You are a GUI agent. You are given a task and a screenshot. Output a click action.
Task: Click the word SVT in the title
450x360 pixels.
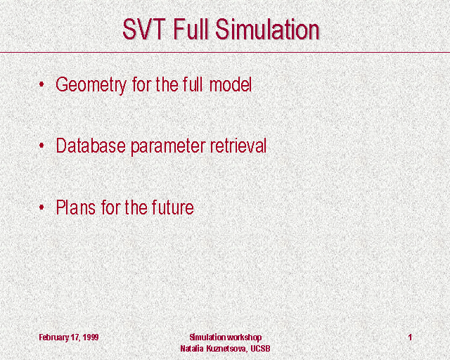[144, 29]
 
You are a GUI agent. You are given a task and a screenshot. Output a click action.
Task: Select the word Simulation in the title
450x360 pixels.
[267, 29]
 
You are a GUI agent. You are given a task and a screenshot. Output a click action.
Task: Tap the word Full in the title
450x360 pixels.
[191, 29]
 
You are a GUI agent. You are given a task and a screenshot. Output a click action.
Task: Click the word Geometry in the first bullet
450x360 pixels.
[91, 85]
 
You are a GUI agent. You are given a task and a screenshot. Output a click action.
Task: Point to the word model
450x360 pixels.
[231, 84]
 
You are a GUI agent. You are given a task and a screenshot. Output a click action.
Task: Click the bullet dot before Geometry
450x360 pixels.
[41, 84]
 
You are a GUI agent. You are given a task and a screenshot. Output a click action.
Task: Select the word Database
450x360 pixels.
[91, 146]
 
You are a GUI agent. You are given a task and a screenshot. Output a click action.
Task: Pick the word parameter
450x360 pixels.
[168, 147]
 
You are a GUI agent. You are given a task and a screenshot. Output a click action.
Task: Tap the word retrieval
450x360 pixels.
[238, 146]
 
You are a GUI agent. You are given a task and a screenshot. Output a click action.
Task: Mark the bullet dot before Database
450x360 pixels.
[41, 146]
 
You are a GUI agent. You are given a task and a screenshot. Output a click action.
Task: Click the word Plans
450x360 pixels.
[75, 207]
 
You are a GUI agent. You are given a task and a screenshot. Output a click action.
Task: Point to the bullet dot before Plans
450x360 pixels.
[41, 207]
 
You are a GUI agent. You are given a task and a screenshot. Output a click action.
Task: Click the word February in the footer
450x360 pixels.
[54, 337]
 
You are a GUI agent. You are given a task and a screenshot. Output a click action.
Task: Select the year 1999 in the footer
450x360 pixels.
[91, 337]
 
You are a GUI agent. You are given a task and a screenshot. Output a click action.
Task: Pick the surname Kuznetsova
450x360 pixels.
[226, 349]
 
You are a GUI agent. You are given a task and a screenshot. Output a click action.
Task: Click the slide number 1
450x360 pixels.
[411, 337]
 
